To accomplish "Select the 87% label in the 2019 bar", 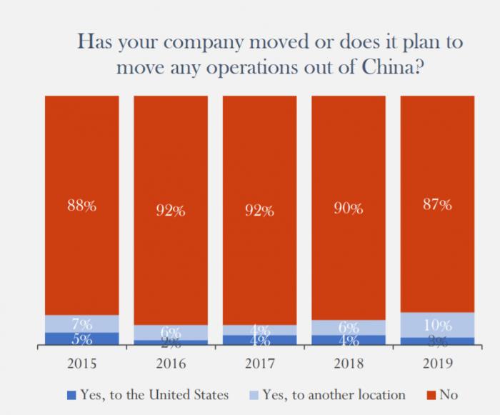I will pos(436,205).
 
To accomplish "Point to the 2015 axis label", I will pos(82,363).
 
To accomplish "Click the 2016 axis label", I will pos(171,363).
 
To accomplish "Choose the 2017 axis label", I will pos(259,363).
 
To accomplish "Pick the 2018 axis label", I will pos(348,363).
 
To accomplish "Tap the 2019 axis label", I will pos(436,363).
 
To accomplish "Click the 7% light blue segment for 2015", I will pos(82,324).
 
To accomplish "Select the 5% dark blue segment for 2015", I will pos(82,339).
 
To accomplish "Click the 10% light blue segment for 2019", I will pos(436,324).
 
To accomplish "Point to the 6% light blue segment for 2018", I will pos(348,327).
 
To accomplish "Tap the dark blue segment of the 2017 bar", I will pos(259,340).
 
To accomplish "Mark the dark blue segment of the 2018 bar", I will pos(348,340).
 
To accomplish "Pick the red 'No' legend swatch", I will pos(429,395).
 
